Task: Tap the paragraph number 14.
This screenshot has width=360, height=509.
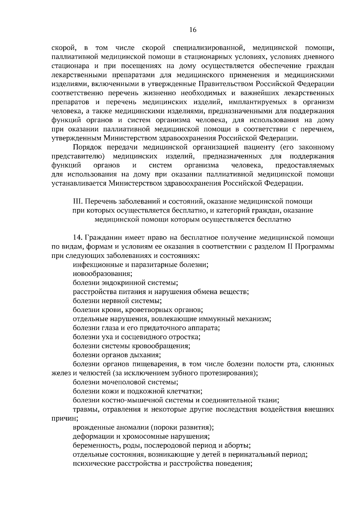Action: [x=77, y=238]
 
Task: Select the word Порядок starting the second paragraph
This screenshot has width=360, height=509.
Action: [x=85, y=147]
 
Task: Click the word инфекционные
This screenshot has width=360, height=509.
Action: [x=96, y=265]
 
